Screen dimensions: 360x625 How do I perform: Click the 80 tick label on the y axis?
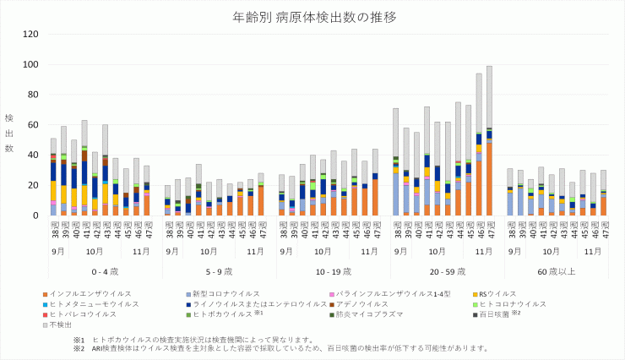(30, 95)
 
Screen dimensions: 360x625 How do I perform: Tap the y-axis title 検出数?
(9, 133)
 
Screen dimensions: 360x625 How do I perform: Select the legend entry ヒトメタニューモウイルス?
(94, 303)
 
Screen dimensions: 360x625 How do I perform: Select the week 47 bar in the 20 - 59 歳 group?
(489, 144)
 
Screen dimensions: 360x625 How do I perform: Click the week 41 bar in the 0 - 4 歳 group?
(84, 168)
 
